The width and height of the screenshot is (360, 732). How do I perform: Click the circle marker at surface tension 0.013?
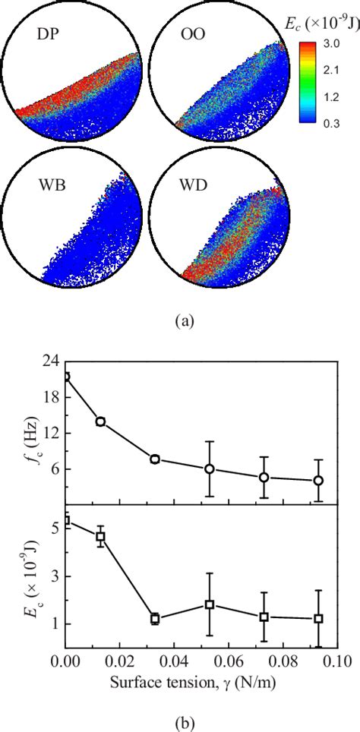click(x=100, y=421)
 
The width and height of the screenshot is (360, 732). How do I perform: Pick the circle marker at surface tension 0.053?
click(x=209, y=469)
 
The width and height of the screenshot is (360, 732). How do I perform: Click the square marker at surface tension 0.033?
click(x=155, y=619)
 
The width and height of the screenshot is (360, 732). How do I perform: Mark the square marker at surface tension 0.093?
click(x=319, y=619)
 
